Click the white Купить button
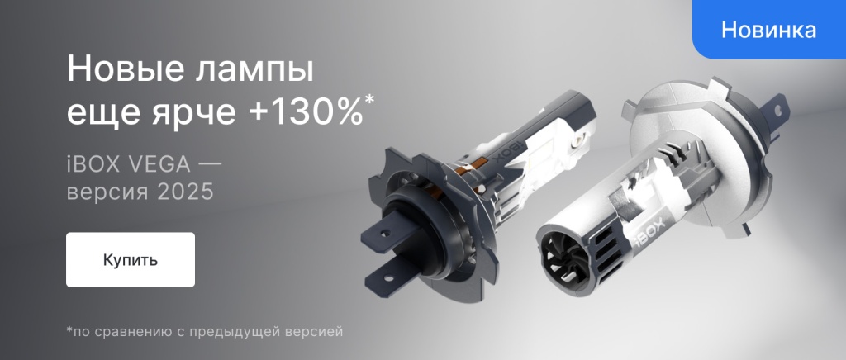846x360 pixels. point(131,259)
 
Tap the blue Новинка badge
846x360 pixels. point(768,31)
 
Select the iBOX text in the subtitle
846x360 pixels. point(91,163)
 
